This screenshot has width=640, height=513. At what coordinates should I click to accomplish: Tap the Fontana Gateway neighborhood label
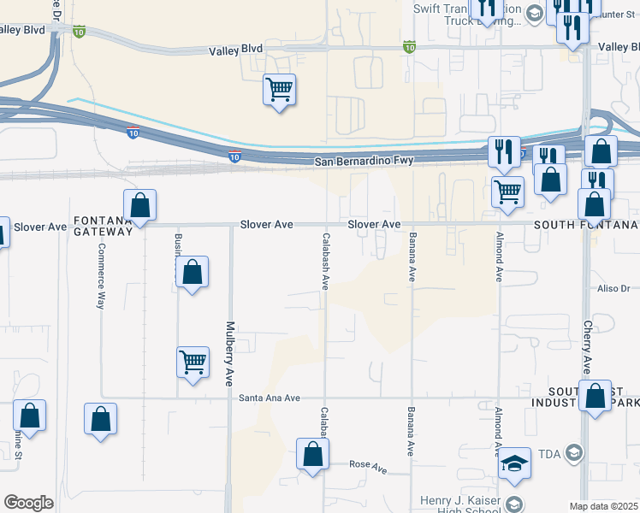[x=102, y=226]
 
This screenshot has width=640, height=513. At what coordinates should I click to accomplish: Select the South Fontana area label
[x=586, y=225]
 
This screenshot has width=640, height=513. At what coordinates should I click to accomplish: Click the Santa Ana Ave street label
[x=270, y=398]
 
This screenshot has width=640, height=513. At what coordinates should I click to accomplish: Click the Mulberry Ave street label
[x=229, y=352]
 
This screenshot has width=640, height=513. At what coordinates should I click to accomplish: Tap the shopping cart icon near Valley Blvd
[x=280, y=88]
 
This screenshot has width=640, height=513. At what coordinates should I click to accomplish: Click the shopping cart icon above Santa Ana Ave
[x=193, y=362]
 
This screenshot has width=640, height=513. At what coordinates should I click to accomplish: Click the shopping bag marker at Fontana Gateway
[x=139, y=206]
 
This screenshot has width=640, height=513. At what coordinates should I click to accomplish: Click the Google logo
[x=29, y=503]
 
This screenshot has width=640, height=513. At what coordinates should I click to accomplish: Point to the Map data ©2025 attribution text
[x=603, y=506]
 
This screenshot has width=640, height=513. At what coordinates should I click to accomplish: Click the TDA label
[x=548, y=453]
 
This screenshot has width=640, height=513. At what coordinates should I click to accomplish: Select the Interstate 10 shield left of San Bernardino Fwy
[x=234, y=156]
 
